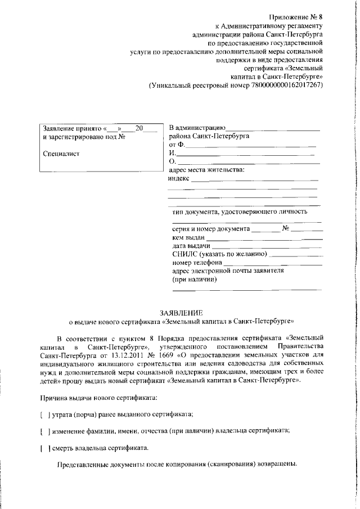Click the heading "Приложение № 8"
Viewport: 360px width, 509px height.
[298, 17]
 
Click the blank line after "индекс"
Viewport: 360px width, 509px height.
[255, 179]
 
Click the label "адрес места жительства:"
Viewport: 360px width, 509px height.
[206, 170]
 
